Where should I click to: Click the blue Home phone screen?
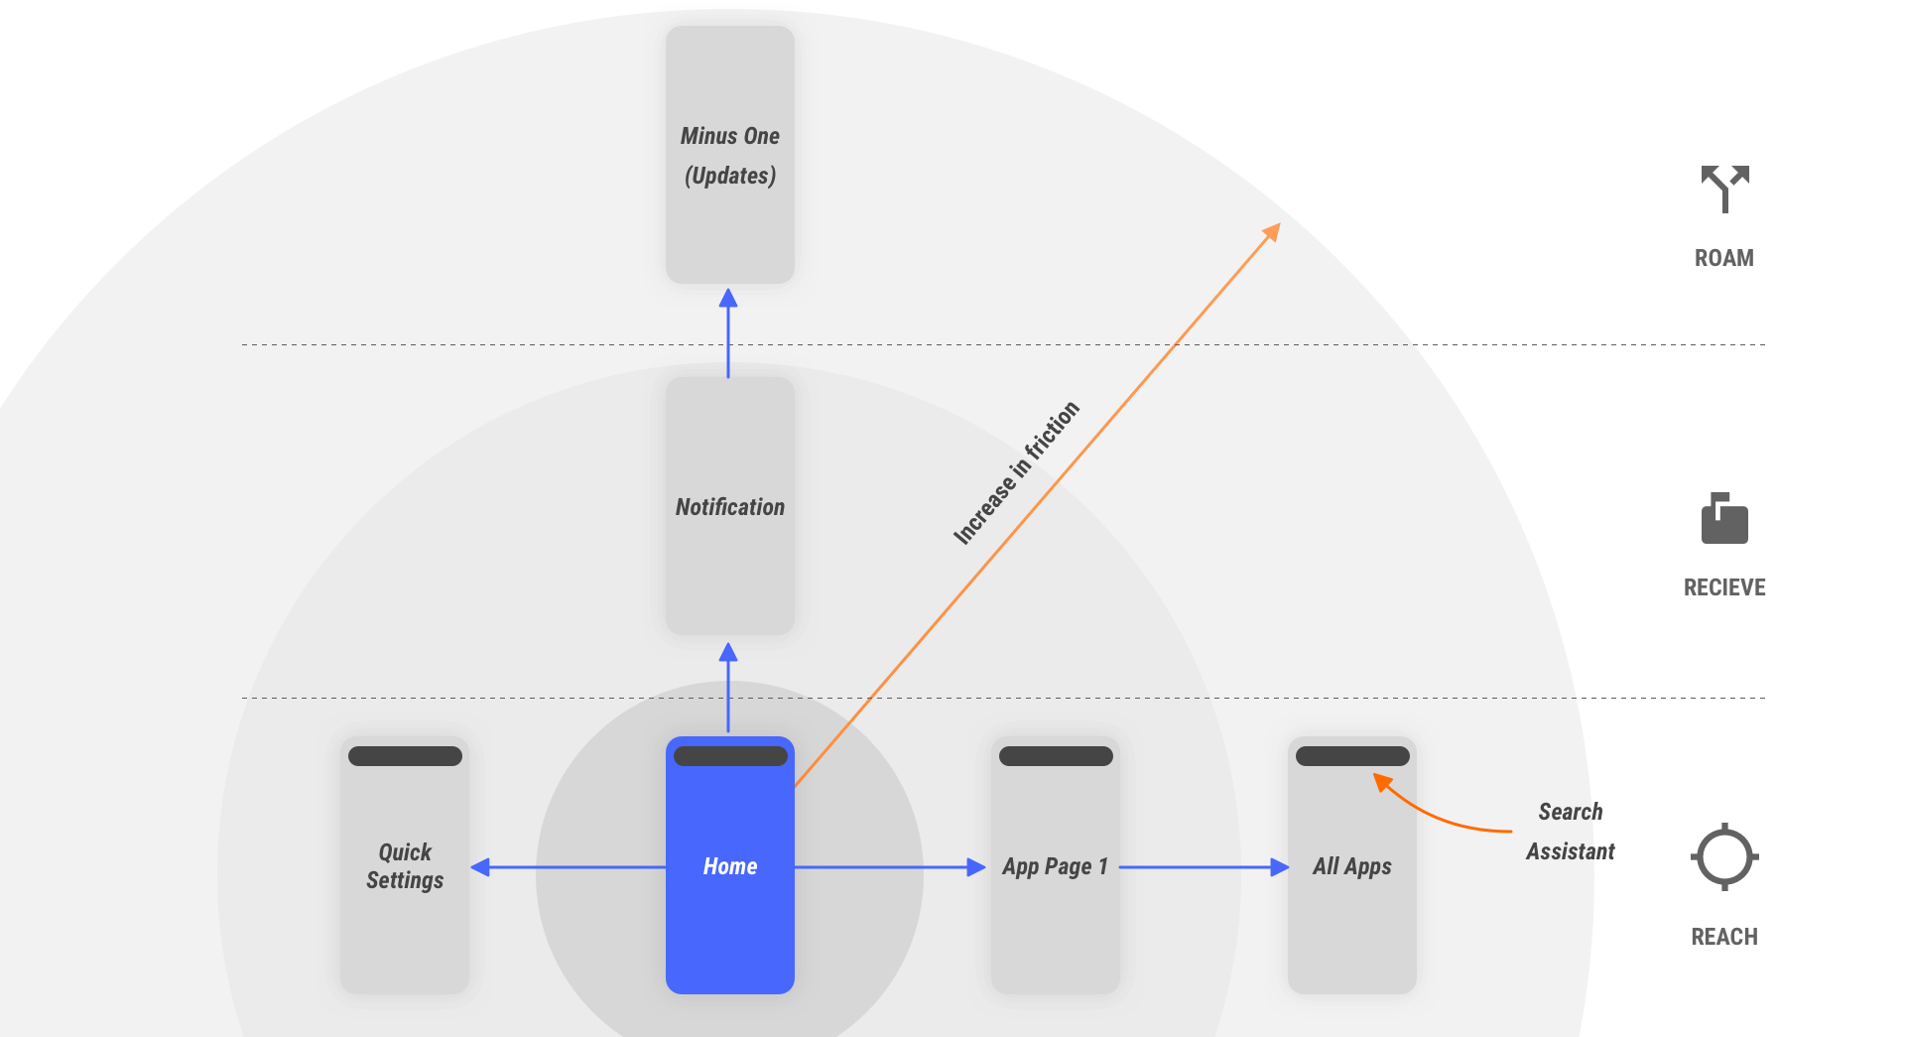pyautogui.click(x=729, y=893)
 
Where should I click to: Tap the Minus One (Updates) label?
pyautogui.click(x=729, y=156)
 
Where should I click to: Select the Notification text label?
pyautogui.click(x=729, y=507)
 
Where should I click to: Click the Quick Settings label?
pyautogui.click(x=405, y=866)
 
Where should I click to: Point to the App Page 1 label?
pyautogui.click(x=1055, y=866)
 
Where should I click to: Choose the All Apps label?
pyautogui.click(x=1351, y=866)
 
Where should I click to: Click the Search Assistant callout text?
pyautogui.click(x=1570, y=832)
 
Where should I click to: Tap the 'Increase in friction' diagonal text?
pyautogui.click(x=1015, y=473)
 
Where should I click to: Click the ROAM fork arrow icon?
pyautogui.click(x=1724, y=188)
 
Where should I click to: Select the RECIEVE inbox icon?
pyautogui.click(x=1724, y=519)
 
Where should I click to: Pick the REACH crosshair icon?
pyautogui.click(x=1724, y=856)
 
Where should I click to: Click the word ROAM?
pyautogui.click(x=1723, y=258)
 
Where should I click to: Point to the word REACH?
pyautogui.click(x=1723, y=937)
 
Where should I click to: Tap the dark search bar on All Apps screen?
pyautogui.click(x=1351, y=756)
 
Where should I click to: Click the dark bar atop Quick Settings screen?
pyautogui.click(x=405, y=756)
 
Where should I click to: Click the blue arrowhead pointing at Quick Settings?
pyautogui.click(x=481, y=867)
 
